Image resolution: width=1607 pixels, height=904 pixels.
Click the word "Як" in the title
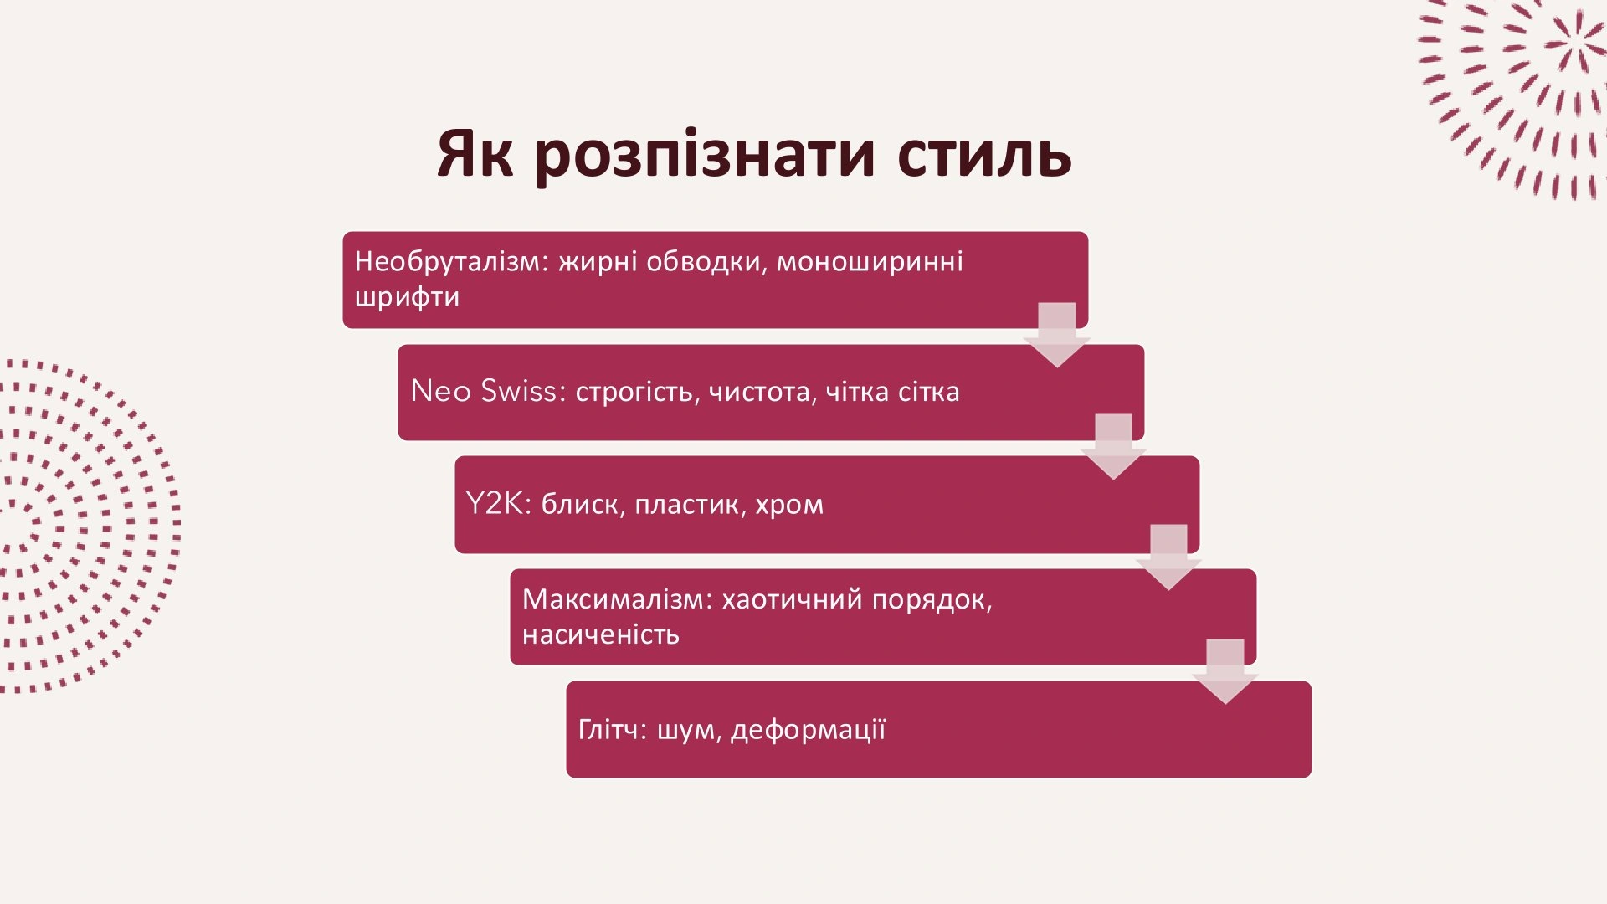pyautogui.click(x=475, y=155)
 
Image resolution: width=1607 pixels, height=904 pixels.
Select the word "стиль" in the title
pyautogui.click(x=984, y=155)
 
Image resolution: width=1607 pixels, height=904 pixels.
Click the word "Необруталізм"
pyautogui.click(x=450, y=262)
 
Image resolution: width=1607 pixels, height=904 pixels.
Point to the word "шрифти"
pyautogui.click(x=407, y=297)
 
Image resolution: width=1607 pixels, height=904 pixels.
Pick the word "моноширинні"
pyautogui.click(x=870, y=262)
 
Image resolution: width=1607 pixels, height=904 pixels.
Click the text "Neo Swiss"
pyautogui.click(x=484, y=392)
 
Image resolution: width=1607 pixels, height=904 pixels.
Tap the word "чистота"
pyautogui.click(x=762, y=393)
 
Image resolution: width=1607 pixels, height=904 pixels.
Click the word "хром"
pyautogui.click(x=789, y=505)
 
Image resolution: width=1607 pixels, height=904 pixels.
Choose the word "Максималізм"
pyautogui.click(x=617, y=599)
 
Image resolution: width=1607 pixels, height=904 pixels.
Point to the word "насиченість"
pyautogui.click(x=600, y=634)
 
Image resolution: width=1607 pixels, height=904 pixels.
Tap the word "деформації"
pyautogui.click(x=808, y=731)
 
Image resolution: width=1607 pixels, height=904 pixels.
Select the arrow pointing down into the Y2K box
pyautogui.click(x=1113, y=446)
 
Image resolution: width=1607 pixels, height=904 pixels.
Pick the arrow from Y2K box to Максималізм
pyautogui.click(x=1168, y=557)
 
